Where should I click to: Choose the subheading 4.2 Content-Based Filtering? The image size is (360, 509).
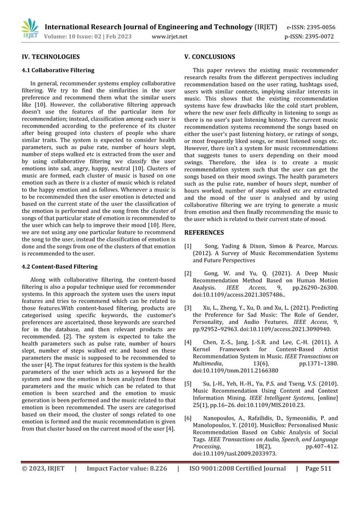click(59, 266)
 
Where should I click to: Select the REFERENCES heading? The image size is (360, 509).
click(204, 232)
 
